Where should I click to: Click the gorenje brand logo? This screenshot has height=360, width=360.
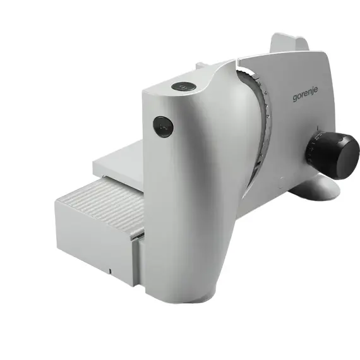pyautogui.click(x=305, y=93)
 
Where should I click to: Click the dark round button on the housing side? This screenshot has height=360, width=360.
pyautogui.click(x=163, y=126)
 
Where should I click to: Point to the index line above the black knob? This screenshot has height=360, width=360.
pyautogui.click(x=317, y=128)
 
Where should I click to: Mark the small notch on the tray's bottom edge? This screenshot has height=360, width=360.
pyautogui.click(x=110, y=271)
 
